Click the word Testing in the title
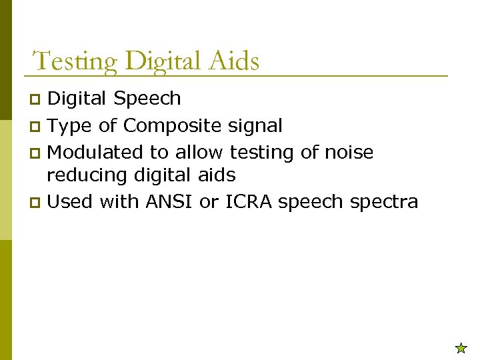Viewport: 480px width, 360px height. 75,61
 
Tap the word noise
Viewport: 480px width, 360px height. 349,152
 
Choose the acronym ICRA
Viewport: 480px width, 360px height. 249,201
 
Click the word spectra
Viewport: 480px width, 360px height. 384,202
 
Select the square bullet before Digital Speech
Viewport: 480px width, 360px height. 37,100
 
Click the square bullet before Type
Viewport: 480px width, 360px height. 37,127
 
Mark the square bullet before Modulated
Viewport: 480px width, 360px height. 37,153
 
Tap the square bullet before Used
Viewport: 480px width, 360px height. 37,203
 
